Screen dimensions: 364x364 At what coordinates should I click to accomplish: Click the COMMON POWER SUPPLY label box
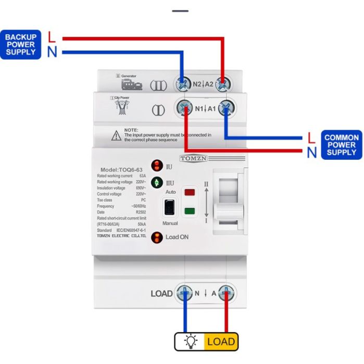tap(341, 145)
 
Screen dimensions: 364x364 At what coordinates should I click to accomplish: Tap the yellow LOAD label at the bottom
tap(221, 342)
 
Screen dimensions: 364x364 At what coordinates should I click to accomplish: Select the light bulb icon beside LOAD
tap(189, 342)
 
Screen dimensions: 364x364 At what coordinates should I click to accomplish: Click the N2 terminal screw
tap(182, 84)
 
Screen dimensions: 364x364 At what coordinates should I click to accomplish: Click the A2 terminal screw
tap(224, 84)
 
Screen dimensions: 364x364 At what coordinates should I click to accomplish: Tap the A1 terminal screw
tap(225, 108)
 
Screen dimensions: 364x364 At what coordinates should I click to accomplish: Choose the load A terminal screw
tap(225, 293)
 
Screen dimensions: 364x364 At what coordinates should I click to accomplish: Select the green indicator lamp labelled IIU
tap(156, 183)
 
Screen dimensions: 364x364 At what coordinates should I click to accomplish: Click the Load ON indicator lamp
tap(156, 237)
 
